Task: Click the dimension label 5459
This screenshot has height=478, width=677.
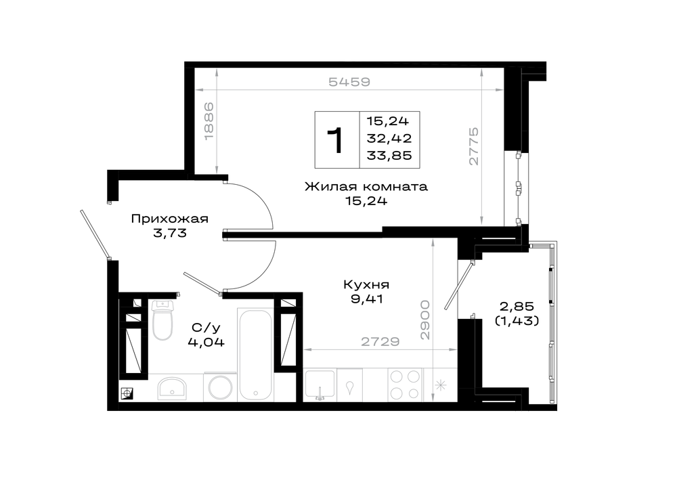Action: pyautogui.click(x=349, y=82)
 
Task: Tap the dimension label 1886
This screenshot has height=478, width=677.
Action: pyautogui.click(x=209, y=121)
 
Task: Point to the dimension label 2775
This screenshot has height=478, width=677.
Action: pyautogui.click(x=474, y=146)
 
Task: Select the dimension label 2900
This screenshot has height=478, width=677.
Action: pyautogui.click(x=425, y=320)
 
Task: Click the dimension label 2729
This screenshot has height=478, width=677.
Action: pyautogui.click(x=380, y=341)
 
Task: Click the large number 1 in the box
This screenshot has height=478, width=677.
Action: pyautogui.click(x=335, y=140)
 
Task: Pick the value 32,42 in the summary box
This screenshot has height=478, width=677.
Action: pyautogui.click(x=389, y=138)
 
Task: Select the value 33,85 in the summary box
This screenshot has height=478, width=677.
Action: pyautogui.click(x=389, y=155)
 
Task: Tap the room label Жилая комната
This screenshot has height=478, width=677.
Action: pyautogui.click(x=366, y=187)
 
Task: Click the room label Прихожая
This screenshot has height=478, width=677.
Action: pyautogui.click(x=170, y=219)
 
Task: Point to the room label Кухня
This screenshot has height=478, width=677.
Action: pyautogui.click(x=366, y=285)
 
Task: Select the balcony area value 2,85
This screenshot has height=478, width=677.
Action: pyautogui.click(x=517, y=307)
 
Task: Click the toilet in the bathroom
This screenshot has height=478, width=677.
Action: pyautogui.click(x=162, y=320)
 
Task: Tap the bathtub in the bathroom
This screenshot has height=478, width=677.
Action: pyautogui.click(x=255, y=354)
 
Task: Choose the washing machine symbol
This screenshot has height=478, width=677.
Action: pyautogui.click(x=220, y=387)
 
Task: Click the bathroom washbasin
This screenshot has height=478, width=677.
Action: pyautogui.click(x=172, y=387)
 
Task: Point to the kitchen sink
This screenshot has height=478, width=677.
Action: pyautogui.click(x=320, y=385)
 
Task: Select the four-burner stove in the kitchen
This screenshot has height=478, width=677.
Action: pyautogui.click(x=405, y=385)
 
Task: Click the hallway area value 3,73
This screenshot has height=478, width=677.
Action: pyautogui.click(x=170, y=233)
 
